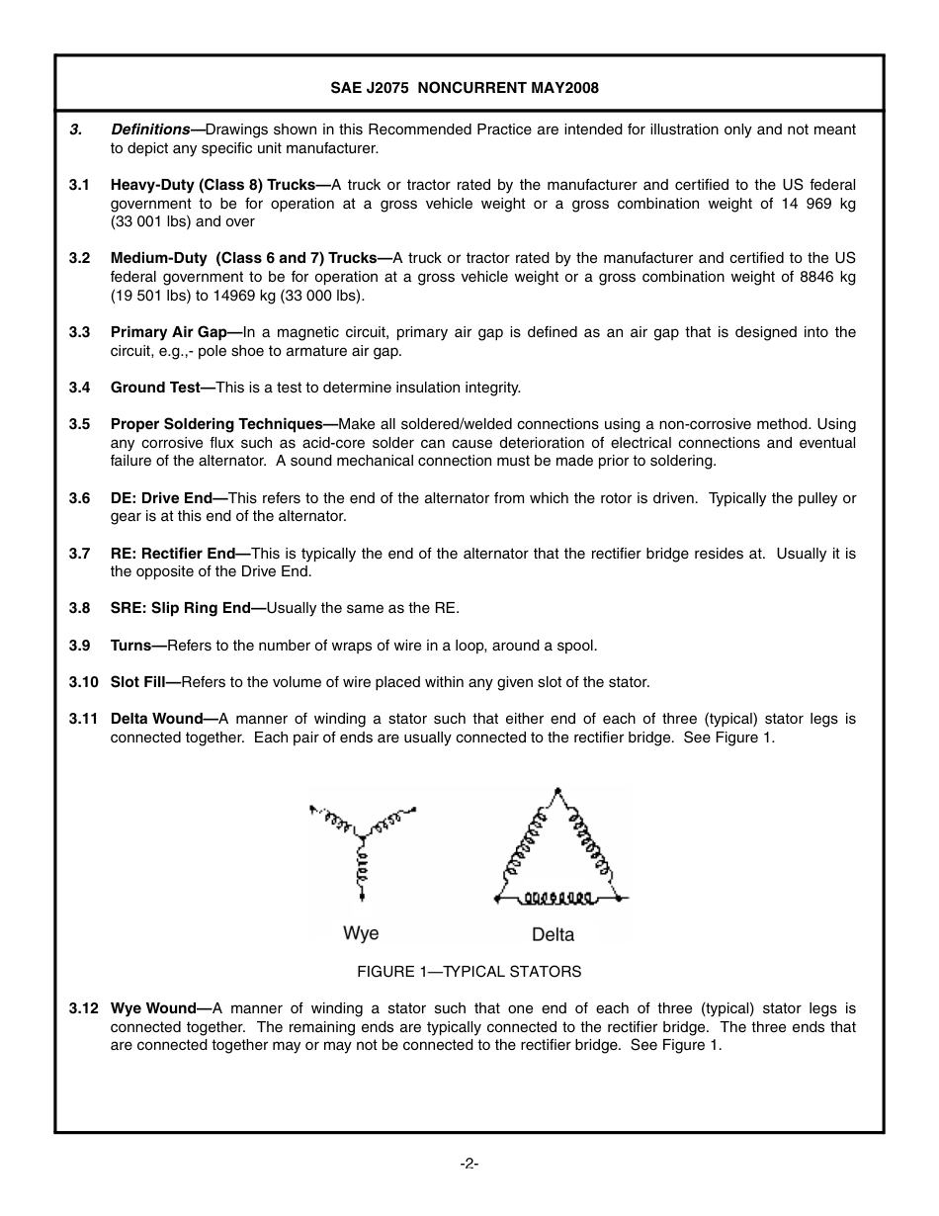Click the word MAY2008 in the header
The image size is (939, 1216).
564,88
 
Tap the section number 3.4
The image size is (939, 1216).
79,388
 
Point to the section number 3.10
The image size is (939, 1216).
83,682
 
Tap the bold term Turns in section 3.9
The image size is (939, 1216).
131,646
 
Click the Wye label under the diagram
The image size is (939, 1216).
361,933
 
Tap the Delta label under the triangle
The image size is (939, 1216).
553,934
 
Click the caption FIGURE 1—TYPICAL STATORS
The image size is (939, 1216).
469,972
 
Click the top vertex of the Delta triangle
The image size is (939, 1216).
559,791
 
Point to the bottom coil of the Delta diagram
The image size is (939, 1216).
558,898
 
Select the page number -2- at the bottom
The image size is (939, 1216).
469,1164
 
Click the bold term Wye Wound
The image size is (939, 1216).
154,1008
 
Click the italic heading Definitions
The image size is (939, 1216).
150,130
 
